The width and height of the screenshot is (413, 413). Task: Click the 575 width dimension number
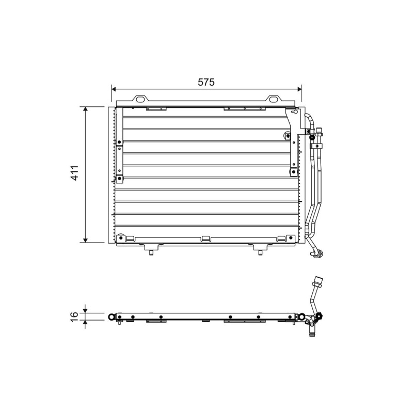pyautogui.click(x=206, y=82)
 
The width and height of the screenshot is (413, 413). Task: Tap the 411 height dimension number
pyautogui.click(x=75, y=173)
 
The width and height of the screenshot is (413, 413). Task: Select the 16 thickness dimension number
pyautogui.click(x=75, y=316)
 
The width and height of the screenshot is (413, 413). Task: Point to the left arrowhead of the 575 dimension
pyautogui.click(x=114, y=89)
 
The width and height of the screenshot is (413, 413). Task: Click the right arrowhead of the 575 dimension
pyautogui.click(x=299, y=89)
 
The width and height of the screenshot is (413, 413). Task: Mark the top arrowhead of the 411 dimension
pyautogui.click(x=85, y=109)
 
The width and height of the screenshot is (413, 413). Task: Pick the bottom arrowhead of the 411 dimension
pyautogui.click(x=85, y=240)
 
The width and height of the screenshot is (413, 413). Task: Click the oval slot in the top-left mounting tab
pyautogui.click(x=140, y=99)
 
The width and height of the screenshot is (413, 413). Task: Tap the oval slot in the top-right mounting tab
pyautogui.click(x=273, y=99)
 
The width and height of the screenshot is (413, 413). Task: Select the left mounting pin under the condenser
pyautogui.click(x=151, y=252)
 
